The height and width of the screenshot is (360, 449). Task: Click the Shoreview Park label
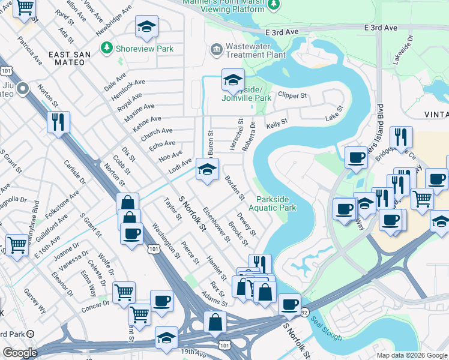pos(145,49)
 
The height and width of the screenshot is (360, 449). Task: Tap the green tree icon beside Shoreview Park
pos(107,47)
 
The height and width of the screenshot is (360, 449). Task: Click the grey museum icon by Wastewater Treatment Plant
pos(217,48)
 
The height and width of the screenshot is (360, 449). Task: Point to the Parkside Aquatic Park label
pos(276,203)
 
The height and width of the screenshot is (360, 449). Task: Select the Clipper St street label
pos(292,95)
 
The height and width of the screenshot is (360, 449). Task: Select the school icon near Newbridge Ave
pos(146,27)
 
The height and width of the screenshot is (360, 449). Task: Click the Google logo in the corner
pos(20,353)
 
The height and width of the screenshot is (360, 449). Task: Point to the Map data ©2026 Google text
pos(412,355)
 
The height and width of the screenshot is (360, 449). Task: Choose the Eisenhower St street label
pos(217,224)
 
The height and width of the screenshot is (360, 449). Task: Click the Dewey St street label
pos(246,224)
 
